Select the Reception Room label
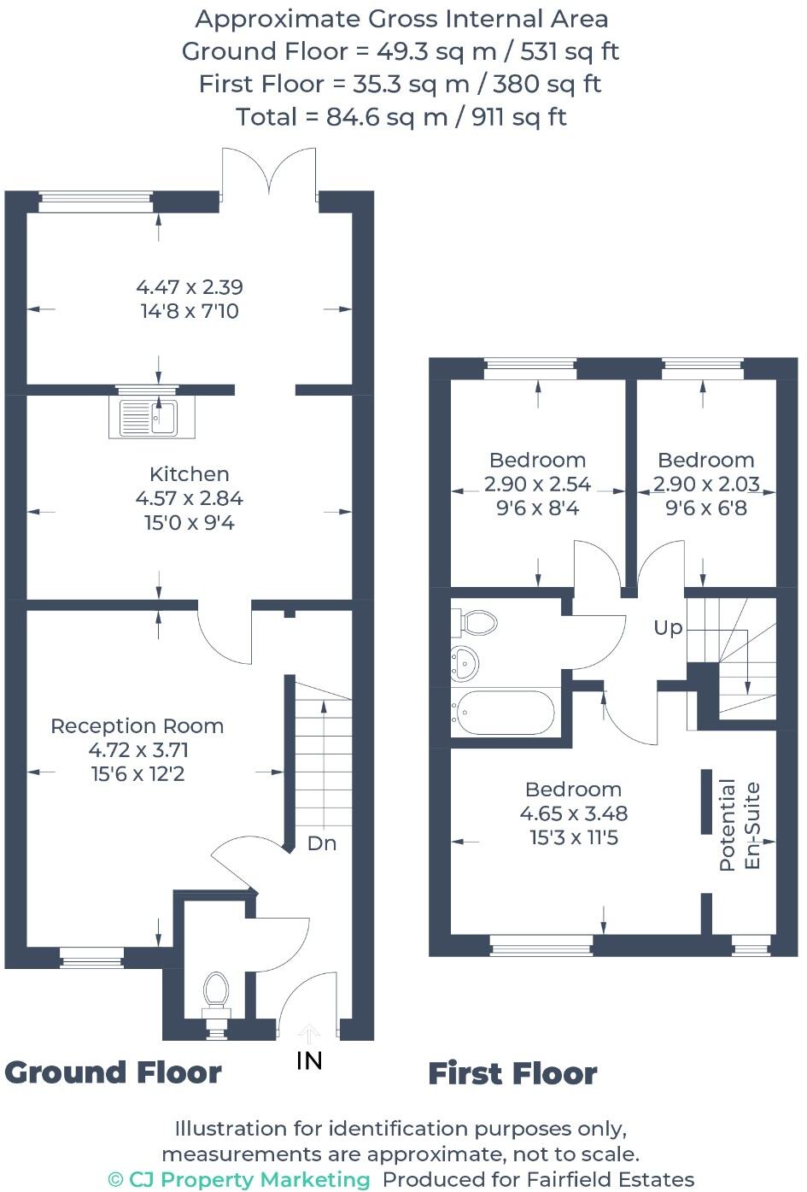[137, 726]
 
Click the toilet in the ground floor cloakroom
[216, 991]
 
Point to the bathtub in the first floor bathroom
[504, 712]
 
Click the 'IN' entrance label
[309, 1060]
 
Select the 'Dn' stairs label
[322, 843]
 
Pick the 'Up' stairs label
[668, 628]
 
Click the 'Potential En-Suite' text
[740, 825]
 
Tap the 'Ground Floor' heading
[114, 1072]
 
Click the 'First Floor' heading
[512, 1074]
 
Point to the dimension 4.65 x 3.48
[574, 813]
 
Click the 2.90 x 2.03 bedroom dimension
[706, 484]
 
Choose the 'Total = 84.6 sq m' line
[401, 117]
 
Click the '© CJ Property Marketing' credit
[239, 1179]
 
